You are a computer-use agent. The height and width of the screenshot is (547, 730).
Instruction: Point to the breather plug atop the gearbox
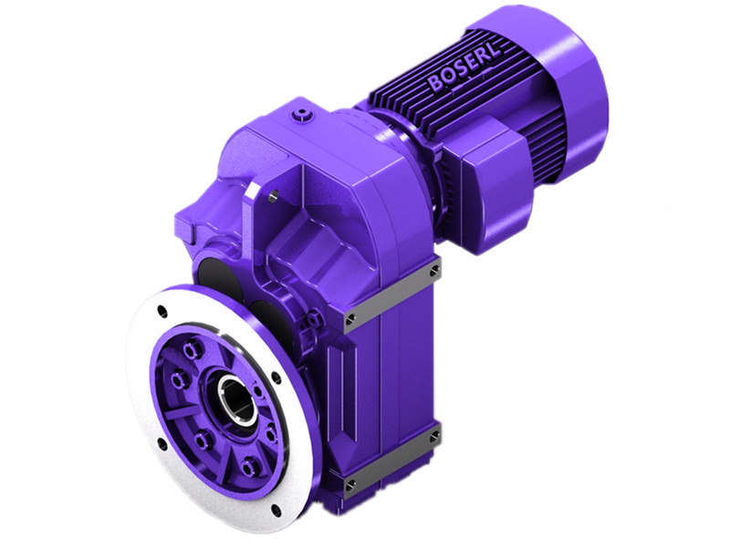(302, 116)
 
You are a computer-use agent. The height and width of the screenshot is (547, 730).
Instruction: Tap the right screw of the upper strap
(434, 270)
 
